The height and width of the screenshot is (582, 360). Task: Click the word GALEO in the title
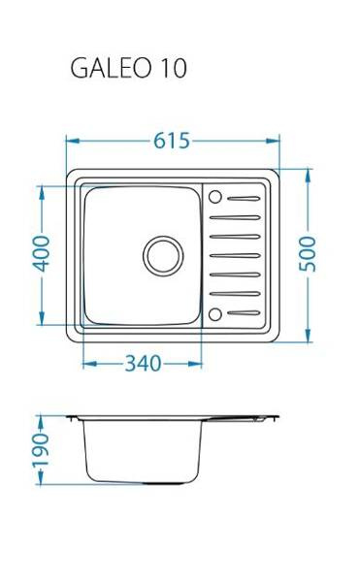111,68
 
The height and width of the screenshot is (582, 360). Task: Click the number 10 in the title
173,68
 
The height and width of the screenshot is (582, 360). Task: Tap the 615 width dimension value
172,141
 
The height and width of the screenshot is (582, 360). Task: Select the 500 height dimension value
308,254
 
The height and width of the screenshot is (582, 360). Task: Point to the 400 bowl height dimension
41,254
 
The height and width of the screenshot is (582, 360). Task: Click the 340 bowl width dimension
143,364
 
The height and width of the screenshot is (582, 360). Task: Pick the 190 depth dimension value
41,450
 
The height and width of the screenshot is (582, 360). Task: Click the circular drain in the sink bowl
163,255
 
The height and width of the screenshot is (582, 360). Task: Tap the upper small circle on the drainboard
214,197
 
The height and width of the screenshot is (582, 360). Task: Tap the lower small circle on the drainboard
214,314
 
